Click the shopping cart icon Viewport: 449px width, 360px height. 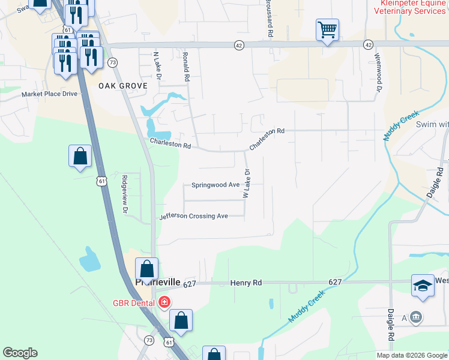(x=327, y=29)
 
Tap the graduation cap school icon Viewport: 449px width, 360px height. (x=423, y=286)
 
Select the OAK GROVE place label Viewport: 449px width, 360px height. (x=123, y=86)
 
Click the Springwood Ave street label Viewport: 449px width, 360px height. (x=215, y=185)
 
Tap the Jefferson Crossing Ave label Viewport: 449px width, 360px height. (x=193, y=216)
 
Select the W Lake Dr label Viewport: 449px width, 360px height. (x=246, y=184)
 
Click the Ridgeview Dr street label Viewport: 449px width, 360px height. (x=125, y=194)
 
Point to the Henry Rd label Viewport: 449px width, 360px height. (x=246, y=283)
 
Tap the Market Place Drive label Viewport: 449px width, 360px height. (x=50, y=94)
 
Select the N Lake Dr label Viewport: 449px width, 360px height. (x=158, y=66)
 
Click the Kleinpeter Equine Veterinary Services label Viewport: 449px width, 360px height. (x=411, y=7)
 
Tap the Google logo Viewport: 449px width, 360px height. (x=20, y=353)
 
